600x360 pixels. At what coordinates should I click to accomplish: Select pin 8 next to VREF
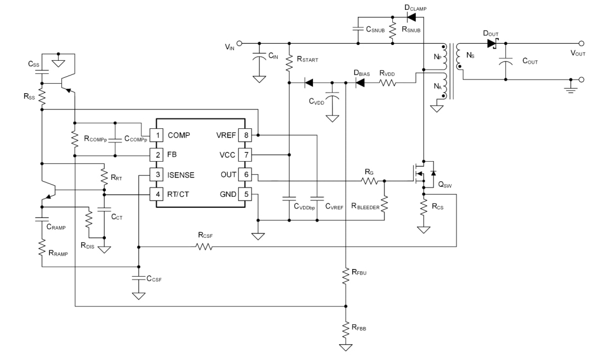point(247,135)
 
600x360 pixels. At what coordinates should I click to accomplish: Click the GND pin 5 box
point(247,195)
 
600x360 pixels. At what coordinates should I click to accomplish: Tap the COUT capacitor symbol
point(505,61)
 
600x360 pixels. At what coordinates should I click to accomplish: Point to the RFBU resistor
point(345,275)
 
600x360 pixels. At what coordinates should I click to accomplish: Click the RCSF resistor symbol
point(204,247)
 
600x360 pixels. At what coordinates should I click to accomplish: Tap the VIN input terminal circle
point(238,43)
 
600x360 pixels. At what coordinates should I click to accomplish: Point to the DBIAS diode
point(361,83)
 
